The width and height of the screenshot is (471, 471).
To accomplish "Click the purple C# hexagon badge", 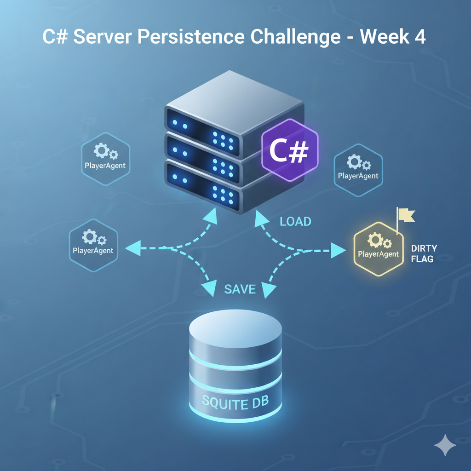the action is (x=289, y=150).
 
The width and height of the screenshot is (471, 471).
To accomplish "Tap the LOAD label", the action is (x=295, y=222).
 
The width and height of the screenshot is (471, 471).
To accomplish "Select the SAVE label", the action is (x=240, y=289).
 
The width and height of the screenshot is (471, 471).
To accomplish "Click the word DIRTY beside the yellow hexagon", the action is (x=424, y=248).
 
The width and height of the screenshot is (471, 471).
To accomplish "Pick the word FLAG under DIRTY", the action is (x=422, y=259).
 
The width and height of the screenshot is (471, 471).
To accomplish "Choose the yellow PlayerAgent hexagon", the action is (x=378, y=248).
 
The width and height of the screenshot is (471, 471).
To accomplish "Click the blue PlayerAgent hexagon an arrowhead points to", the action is (x=93, y=244).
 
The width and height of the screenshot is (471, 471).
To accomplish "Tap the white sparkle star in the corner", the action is (x=445, y=445).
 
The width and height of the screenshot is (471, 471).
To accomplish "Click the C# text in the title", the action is (x=56, y=37).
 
